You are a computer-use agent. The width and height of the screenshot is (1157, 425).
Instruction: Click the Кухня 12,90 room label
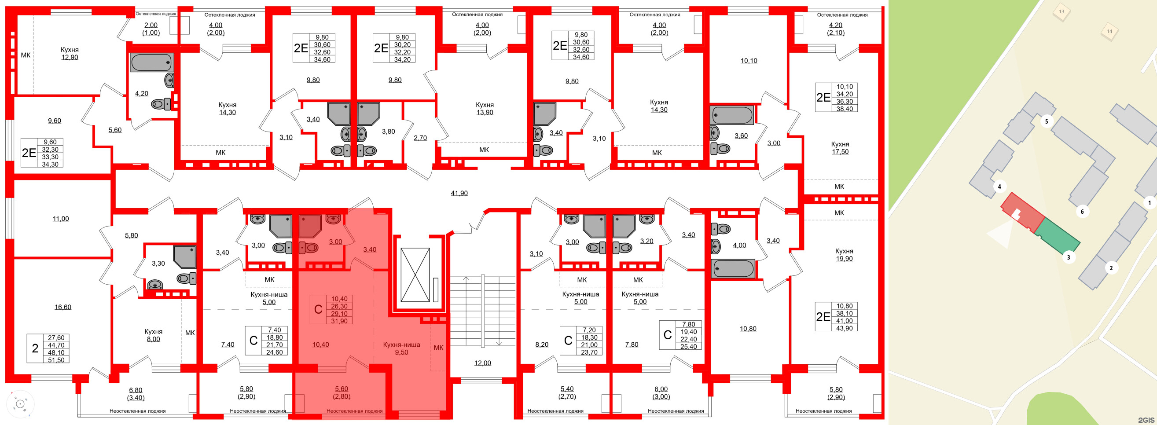[x=70, y=53]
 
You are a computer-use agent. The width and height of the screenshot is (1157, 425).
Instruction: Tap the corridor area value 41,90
[x=459, y=193]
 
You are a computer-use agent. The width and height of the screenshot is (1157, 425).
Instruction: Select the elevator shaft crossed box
[x=415, y=275]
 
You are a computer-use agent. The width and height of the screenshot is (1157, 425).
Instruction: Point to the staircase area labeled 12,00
[x=482, y=363]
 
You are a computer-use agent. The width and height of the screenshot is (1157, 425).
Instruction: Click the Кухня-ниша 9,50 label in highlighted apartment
[x=401, y=348]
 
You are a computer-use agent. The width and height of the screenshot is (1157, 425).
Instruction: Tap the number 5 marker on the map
[x=1047, y=121]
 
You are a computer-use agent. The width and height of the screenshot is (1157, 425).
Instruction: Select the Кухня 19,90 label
[x=844, y=254]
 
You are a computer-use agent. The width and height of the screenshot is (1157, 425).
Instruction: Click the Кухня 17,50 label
[x=840, y=148]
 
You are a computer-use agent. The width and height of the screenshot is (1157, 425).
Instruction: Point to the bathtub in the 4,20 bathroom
[x=151, y=62]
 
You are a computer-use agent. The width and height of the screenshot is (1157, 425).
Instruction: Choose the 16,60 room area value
[x=63, y=307]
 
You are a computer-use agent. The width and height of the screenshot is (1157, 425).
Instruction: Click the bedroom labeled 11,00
[x=61, y=219]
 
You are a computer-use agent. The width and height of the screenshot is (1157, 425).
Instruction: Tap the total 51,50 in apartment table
[x=56, y=360]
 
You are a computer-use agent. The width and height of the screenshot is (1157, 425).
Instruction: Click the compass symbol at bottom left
[x=20, y=404]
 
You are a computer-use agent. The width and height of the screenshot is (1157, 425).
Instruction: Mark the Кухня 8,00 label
[x=153, y=335]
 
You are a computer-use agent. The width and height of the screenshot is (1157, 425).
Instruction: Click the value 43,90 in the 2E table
[x=844, y=328]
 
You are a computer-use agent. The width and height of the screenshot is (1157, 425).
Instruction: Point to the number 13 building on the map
[x=1062, y=12]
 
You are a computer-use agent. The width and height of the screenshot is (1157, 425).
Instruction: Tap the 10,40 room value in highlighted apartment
[x=320, y=344]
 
